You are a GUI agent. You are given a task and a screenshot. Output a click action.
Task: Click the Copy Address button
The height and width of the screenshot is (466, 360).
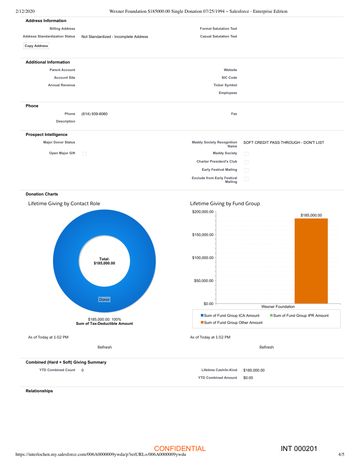point(36,46)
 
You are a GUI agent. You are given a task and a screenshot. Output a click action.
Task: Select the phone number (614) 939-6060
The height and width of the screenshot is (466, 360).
point(94,114)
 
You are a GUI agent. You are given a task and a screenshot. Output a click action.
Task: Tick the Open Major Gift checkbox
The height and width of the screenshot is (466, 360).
point(84,154)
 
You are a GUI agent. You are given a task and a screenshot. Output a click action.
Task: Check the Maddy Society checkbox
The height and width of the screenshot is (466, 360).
point(247,154)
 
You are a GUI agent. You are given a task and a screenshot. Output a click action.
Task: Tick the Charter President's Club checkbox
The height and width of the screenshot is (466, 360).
point(247,162)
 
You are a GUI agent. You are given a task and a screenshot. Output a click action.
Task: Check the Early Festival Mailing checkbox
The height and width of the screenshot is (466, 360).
point(247,170)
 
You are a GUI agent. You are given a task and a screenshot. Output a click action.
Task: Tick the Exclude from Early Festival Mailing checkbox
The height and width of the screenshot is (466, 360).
point(247,179)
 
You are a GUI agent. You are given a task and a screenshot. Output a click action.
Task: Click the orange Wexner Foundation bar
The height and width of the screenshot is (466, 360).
point(311,260)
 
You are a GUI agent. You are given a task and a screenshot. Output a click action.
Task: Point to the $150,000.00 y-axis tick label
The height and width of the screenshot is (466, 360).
point(203,235)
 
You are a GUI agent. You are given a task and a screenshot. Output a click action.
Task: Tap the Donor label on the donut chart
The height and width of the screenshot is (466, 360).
point(105,300)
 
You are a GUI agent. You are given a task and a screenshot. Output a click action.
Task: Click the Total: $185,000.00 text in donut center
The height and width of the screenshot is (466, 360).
point(105,261)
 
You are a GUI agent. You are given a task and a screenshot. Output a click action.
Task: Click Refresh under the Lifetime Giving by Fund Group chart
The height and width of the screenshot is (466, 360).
point(266,347)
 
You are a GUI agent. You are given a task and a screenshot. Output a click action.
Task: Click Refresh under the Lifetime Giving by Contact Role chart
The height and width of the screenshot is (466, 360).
point(105,347)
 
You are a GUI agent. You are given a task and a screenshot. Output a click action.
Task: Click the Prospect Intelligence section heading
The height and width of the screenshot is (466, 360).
point(47,134)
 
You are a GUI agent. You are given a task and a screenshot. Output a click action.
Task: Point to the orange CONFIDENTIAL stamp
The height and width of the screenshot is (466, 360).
point(180,449)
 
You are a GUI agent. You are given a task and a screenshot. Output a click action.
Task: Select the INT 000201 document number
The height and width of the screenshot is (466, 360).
point(299,449)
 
